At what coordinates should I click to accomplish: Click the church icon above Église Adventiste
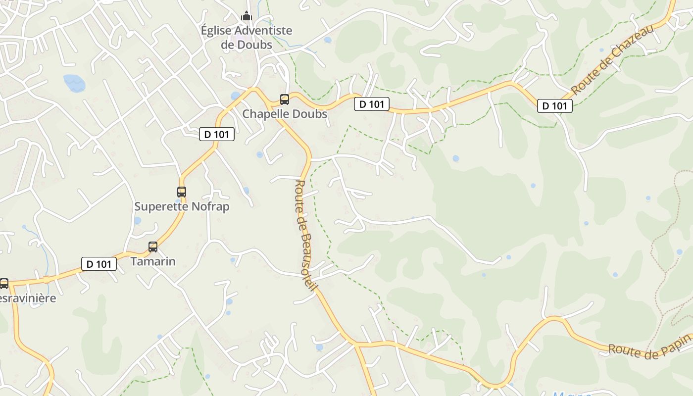247,16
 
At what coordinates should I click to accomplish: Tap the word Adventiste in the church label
263,31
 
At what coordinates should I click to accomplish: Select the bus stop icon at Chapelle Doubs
285,99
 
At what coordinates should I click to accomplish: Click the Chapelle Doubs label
285,114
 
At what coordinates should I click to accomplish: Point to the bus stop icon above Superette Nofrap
182,192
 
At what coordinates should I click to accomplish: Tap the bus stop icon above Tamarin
153,247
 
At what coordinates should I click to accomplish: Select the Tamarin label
153,261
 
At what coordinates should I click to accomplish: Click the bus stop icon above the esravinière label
4,284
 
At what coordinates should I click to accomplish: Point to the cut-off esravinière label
28,298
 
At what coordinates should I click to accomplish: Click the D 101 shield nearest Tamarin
99,264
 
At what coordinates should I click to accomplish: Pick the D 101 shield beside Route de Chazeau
555,105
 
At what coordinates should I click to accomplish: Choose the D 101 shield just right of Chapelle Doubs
372,104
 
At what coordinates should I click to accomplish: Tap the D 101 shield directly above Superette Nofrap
217,134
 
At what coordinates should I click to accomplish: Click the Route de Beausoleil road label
305,235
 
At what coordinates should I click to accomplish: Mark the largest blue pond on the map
74,83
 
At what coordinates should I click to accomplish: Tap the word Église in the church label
216,31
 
